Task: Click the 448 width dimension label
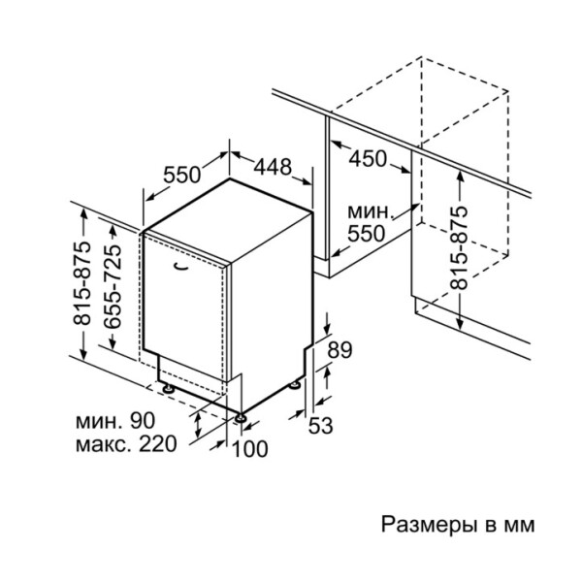click(273, 168)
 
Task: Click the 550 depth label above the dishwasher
click(181, 175)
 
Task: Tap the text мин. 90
click(114, 422)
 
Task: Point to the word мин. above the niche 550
click(372, 211)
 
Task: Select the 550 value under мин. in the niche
click(367, 233)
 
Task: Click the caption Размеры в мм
click(456, 526)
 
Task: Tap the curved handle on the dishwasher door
click(183, 264)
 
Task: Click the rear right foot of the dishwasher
click(294, 385)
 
